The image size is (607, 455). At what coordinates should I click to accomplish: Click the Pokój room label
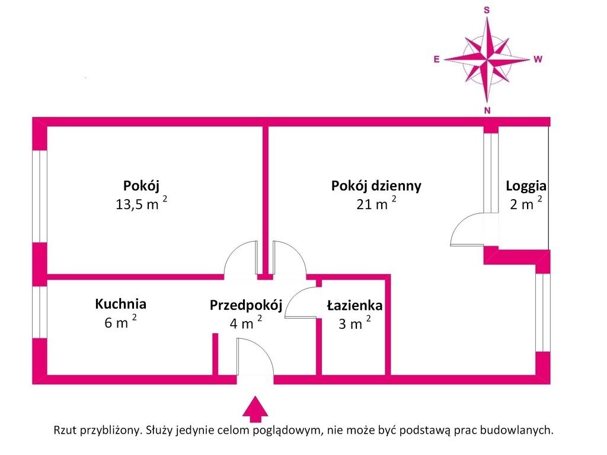coord(141,186)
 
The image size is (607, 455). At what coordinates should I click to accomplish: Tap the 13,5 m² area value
coord(141,203)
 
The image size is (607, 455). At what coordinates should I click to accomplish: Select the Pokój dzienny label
coord(376,186)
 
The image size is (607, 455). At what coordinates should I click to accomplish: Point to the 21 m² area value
coord(376,203)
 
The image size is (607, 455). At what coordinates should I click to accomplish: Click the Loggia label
coord(526,186)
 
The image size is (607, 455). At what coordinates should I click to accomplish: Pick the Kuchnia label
coord(120,304)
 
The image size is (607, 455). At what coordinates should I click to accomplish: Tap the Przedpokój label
coord(246,305)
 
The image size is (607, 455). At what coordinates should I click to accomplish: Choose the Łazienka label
coord(354,305)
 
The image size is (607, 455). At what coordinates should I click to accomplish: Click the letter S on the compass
coord(487,11)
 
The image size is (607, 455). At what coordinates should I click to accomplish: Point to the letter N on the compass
coord(487,110)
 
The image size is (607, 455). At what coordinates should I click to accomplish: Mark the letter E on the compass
coord(437,59)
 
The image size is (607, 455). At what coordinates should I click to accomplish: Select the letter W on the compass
coord(538,59)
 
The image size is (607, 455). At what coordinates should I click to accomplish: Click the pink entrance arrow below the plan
coord(255,409)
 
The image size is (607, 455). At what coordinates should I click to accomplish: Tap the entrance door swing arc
coord(256,357)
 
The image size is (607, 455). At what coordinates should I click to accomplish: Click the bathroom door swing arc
coord(301,302)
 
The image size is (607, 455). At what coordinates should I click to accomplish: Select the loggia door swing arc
coord(467,229)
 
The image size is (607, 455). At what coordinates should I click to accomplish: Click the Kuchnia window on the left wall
coord(40,312)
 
